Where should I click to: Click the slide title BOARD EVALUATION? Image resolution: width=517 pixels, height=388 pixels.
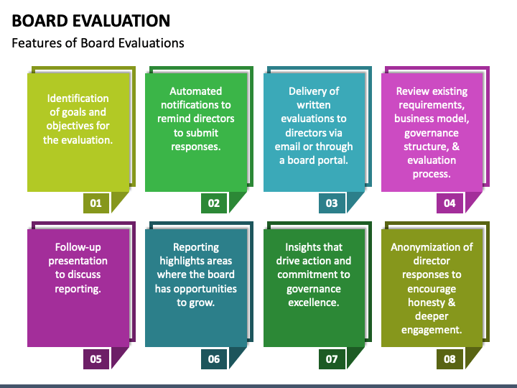point(91,21)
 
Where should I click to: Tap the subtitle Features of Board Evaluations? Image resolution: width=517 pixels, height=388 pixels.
point(98,43)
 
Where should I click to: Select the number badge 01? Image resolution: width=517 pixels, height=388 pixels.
point(96,203)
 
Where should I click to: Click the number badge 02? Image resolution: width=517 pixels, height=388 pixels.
point(214,203)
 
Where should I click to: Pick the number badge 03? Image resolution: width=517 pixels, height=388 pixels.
point(332,203)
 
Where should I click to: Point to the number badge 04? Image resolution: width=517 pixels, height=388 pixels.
point(450,203)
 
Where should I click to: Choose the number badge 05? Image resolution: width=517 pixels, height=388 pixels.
point(96,359)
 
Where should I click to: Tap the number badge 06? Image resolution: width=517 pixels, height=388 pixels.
point(214,359)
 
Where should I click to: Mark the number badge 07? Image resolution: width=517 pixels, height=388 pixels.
point(332,359)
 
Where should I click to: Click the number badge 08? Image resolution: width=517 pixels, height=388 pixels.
point(450,359)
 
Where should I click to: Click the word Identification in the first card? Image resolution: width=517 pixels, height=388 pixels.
point(78,98)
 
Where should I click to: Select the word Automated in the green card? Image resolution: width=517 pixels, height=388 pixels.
point(196,91)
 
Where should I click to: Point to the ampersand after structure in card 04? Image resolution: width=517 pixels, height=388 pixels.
point(456,147)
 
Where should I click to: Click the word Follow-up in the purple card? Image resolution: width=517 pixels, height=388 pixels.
point(78,247)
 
